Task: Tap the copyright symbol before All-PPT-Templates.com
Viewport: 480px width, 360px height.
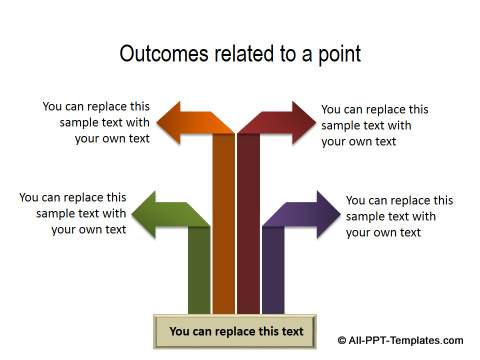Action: [342, 340]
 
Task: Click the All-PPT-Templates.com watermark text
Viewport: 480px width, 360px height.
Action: [406, 340]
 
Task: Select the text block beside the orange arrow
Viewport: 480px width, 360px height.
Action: [97, 122]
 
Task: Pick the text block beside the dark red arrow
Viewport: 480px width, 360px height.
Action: [374, 125]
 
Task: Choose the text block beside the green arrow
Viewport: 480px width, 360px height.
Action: [74, 213]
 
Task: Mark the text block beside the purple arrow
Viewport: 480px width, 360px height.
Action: [398, 216]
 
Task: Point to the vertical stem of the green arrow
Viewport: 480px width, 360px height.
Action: [199, 270]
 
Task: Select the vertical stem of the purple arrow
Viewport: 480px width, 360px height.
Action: [272, 270]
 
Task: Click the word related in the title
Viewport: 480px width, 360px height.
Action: [239, 54]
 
